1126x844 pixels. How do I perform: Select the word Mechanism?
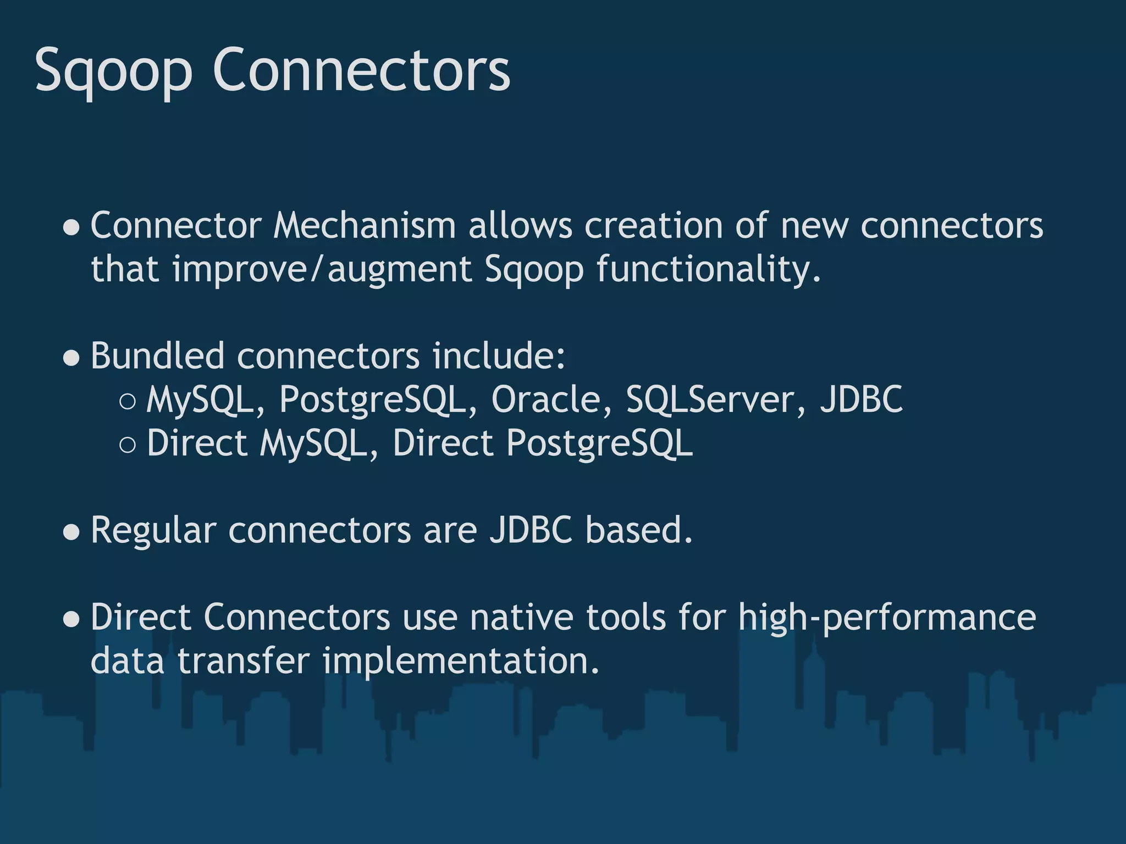click(x=365, y=226)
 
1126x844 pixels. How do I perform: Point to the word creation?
click(x=653, y=226)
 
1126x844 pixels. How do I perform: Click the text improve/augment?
click(x=322, y=270)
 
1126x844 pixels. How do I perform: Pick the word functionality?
click(x=708, y=270)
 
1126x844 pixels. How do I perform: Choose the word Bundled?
click(x=157, y=356)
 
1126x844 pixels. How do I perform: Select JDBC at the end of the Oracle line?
click(x=861, y=399)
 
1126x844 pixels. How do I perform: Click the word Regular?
click(x=153, y=531)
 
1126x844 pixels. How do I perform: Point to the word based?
click(x=638, y=531)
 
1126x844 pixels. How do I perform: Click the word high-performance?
click(x=887, y=618)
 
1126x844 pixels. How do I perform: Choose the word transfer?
click(x=244, y=661)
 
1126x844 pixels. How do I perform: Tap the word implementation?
click(x=460, y=661)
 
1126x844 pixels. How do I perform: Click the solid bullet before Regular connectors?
click(x=71, y=532)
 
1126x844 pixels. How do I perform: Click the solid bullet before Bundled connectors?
click(x=71, y=358)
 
